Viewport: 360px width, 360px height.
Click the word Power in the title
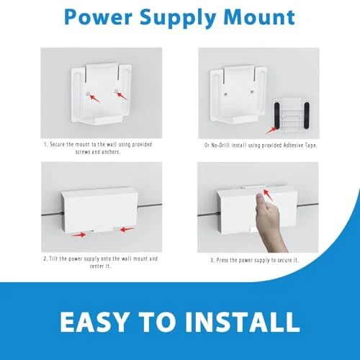point(98,17)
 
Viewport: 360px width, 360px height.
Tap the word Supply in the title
point(178,19)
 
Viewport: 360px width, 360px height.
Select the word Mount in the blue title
point(259,17)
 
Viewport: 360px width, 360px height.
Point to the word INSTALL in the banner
point(242,322)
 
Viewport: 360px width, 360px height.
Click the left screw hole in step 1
point(89,94)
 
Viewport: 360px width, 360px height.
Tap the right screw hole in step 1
point(116,91)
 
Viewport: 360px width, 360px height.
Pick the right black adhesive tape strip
point(307,115)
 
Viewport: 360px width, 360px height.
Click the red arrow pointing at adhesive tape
point(271,130)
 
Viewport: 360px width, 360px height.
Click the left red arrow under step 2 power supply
point(78,235)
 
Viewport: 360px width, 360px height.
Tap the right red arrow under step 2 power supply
point(127,230)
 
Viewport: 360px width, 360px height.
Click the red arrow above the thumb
point(268,195)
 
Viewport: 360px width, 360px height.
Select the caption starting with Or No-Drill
point(261,145)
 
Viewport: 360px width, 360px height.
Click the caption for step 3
point(255,260)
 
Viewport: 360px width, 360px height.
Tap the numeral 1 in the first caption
point(45,145)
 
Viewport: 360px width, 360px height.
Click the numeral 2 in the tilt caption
point(45,258)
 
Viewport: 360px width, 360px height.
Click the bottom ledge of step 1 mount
point(102,121)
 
